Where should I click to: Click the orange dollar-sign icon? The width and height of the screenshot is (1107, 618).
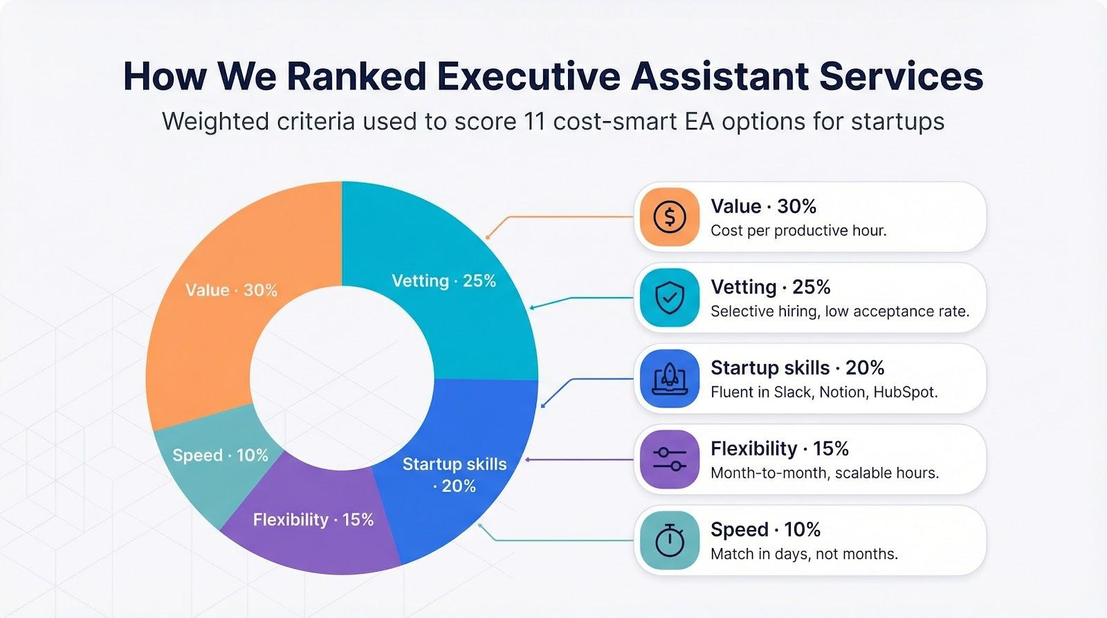[x=669, y=217]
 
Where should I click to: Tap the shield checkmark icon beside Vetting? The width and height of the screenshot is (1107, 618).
[x=669, y=298]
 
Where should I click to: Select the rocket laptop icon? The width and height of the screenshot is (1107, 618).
[x=669, y=379]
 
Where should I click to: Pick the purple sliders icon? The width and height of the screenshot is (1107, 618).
[x=669, y=460]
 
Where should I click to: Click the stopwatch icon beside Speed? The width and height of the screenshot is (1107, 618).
[x=669, y=540]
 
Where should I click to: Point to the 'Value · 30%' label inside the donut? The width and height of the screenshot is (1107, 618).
[x=231, y=290]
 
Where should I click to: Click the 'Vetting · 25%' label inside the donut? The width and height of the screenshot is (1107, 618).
[x=443, y=281]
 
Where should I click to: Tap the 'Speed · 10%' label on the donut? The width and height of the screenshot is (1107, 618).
[x=220, y=455]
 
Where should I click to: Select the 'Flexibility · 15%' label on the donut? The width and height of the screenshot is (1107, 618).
[x=313, y=520]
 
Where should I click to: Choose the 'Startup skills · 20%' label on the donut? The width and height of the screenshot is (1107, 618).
[x=455, y=475]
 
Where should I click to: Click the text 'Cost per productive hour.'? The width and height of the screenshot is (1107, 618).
[x=798, y=230]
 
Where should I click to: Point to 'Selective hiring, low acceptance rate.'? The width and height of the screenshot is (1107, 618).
[x=839, y=311]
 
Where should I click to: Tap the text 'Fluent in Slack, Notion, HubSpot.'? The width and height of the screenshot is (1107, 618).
[x=824, y=392]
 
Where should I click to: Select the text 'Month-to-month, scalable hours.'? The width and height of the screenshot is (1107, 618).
[x=824, y=473]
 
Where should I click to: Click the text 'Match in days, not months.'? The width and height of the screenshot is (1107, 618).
[x=804, y=554]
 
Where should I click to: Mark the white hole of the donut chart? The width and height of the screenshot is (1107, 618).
[x=342, y=378]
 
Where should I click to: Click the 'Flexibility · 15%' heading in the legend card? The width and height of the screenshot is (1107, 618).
[x=779, y=449]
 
